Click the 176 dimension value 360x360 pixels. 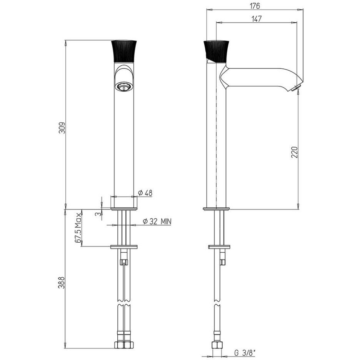pyautogui.click(x=255, y=6)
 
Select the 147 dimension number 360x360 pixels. pyautogui.click(x=256, y=19)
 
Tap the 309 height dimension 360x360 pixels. pyautogui.click(x=62, y=128)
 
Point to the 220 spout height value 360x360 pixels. pyautogui.click(x=294, y=152)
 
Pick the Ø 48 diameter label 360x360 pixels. pyautogui.click(x=145, y=193)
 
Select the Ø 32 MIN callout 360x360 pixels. pyautogui.click(x=157, y=221)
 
